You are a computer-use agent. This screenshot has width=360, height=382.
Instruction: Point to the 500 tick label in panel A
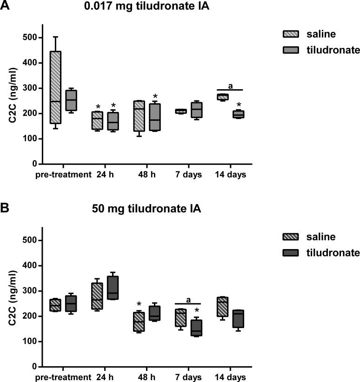tap(31, 38)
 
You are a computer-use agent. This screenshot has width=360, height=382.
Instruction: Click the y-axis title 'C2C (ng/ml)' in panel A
tap(13, 101)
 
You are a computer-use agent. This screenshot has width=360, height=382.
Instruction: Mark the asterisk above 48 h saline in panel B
tap(139, 305)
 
